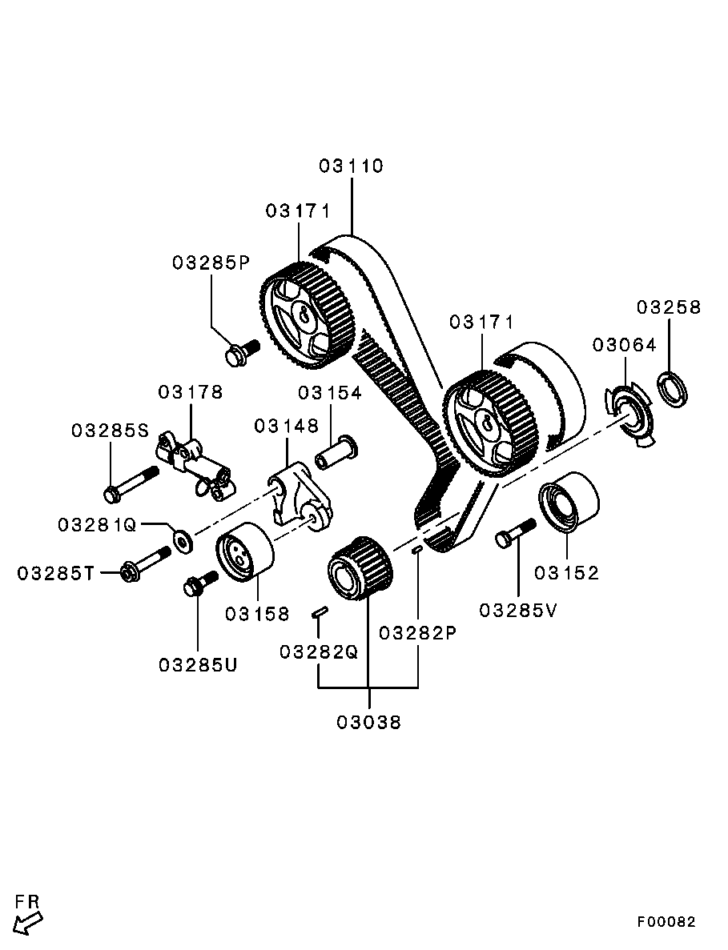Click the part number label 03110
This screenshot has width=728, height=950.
(351, 166)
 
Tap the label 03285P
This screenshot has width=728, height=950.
(211, 263)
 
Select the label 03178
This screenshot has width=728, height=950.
(190, 392)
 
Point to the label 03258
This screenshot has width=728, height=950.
(668, 307)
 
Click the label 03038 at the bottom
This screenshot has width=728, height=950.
(368, 722)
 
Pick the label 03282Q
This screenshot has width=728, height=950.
(318, 651)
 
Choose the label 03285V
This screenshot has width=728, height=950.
(517, 610)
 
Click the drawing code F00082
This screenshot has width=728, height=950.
(666, 922)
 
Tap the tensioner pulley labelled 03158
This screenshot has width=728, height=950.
(244, 552)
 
